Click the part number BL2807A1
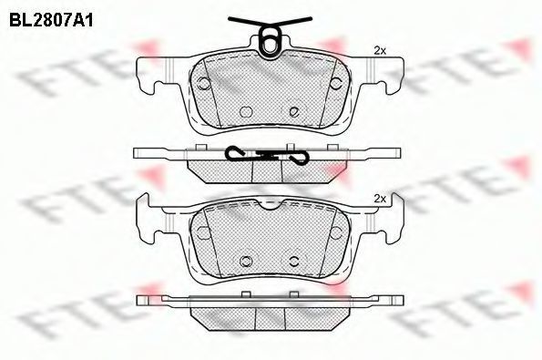pos(51,21)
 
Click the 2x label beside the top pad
pos(380,51)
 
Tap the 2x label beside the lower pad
pos(380,199)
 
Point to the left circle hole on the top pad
pos(204,83)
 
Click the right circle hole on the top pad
pos(335,83)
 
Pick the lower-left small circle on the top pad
pos(246,111)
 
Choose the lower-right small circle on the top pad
pos(294,111)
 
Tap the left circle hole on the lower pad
pos(204,232)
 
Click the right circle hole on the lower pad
pos(335,232)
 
